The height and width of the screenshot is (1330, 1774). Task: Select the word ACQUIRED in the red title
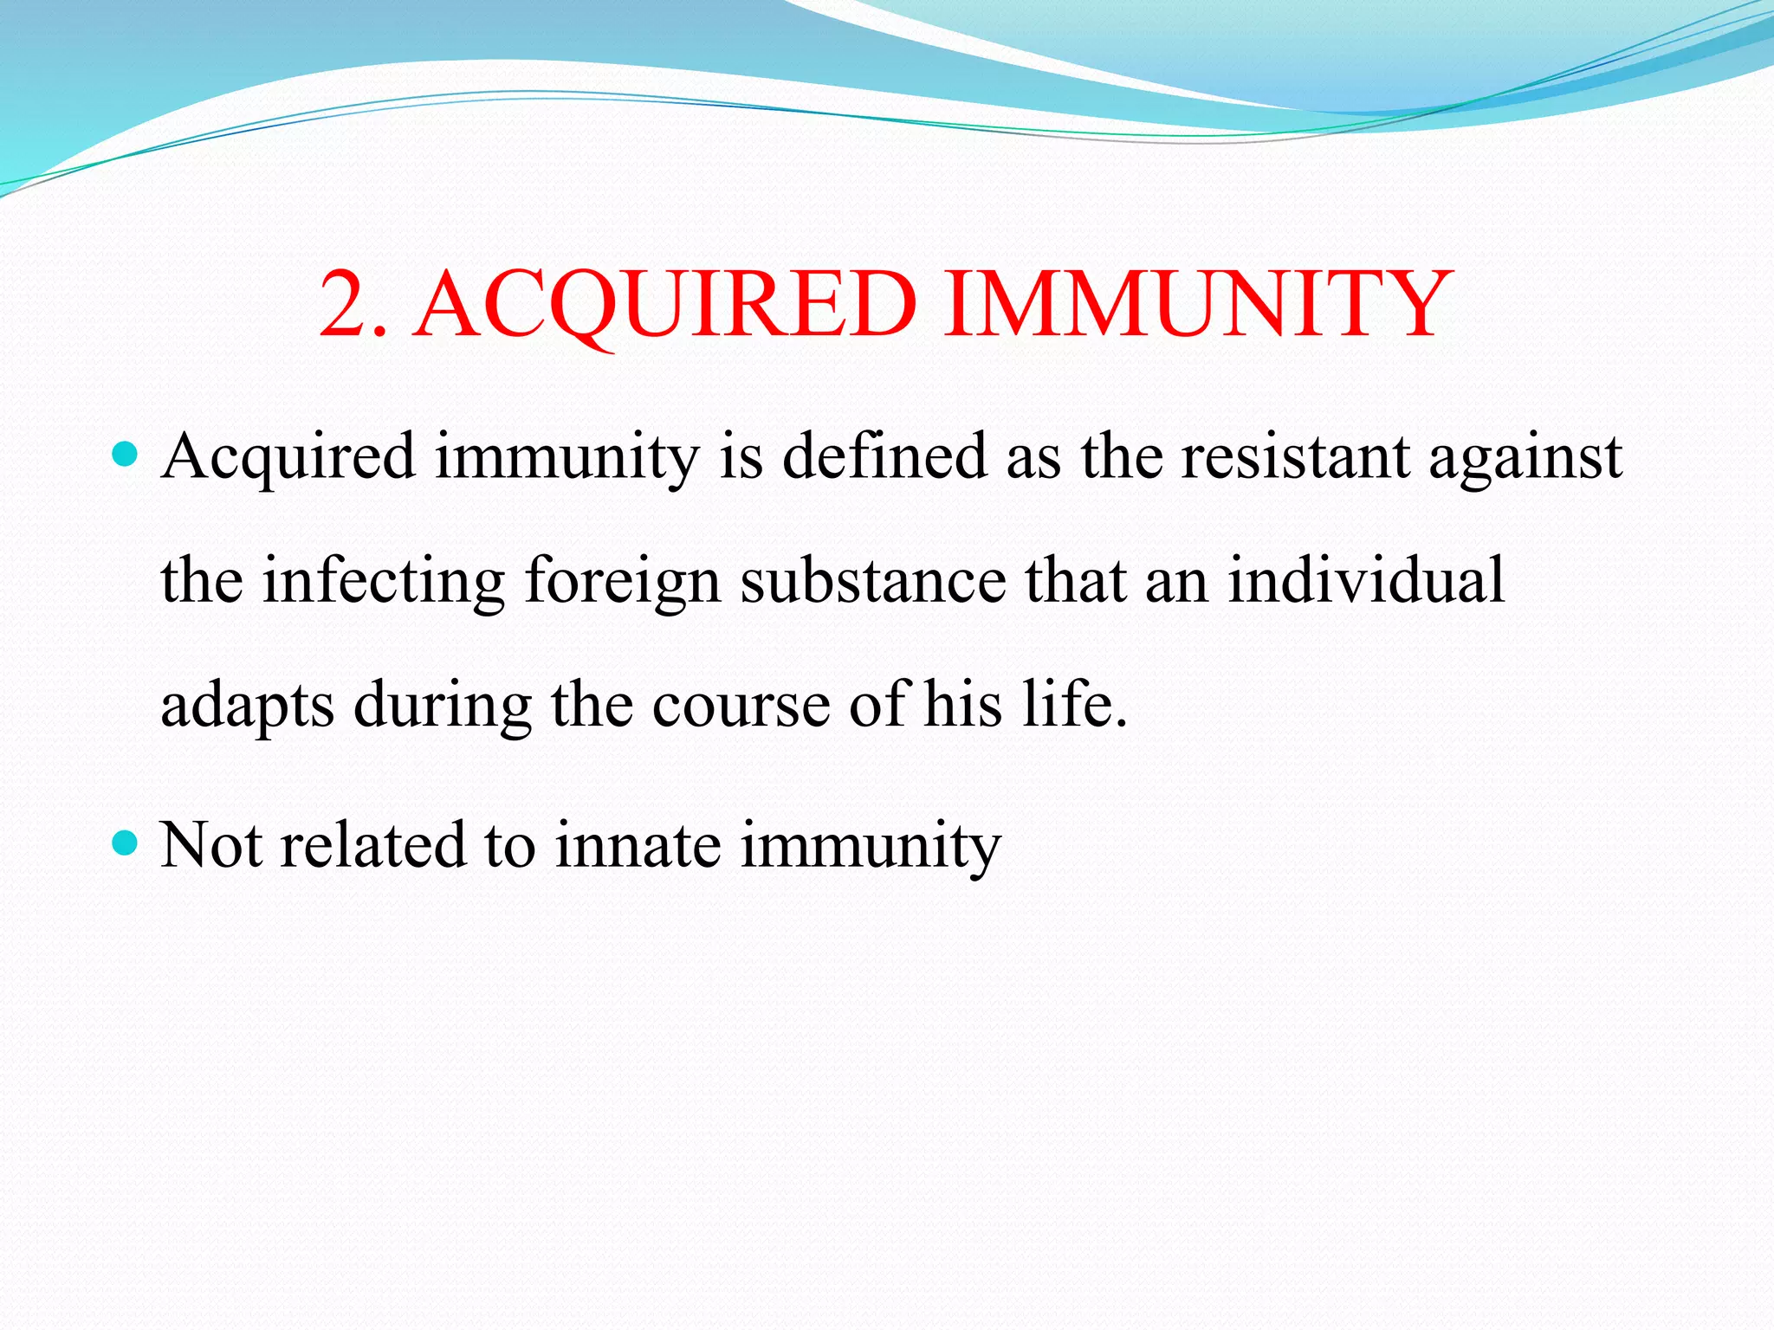click(x=665, y=304)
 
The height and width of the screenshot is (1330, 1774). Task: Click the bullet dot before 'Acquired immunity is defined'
click(x=126, y=453)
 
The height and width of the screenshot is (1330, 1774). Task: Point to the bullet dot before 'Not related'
click(x=126, y=842)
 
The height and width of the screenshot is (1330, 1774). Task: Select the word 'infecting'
click(x=384, y=582)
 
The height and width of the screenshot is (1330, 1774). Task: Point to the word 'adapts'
click(x=247, y=707)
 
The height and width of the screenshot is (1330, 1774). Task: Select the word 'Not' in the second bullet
click(x=211, y=845)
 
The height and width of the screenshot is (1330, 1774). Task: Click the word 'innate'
click(x=638, y=845)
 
